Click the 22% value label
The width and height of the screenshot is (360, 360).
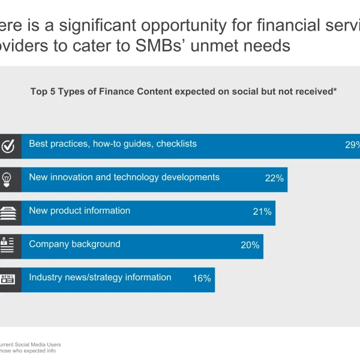tap(274, 178)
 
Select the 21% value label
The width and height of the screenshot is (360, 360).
tap(262, 212)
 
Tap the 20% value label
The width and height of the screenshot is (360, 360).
tap(250, 245)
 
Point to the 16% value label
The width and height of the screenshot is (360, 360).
tap(202, 278)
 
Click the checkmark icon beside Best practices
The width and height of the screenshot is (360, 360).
tap(8, 146)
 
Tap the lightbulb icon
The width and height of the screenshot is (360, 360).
tap(7, 179)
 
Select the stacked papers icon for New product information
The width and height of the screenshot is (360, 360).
tap(7, 212)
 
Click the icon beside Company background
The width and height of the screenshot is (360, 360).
tap(7, 245)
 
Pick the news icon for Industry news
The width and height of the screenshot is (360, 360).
tap(7, 279)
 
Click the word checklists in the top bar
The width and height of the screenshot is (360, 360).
tap(176, 144)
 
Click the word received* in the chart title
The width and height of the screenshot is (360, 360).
tap(314, 92)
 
